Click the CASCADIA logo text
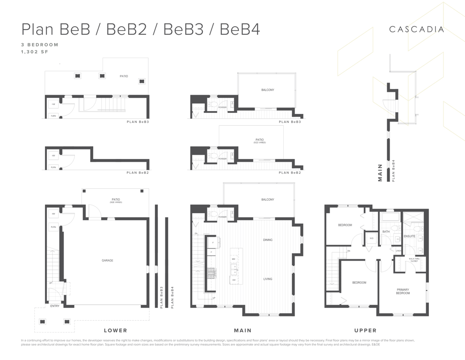click(x=416, y=29)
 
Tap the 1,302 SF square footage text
click(x=35, y=52)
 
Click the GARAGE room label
click(x=107, y=261)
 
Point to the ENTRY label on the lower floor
click(x=55, y=306)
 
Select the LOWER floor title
click(x=115, y=330)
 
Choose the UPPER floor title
click(x=366, y=330)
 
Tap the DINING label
click(x=267, y=240)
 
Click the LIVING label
click(x=267, y=279)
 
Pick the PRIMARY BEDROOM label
click(x=403, y=292)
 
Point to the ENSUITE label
click(x=409, y=236)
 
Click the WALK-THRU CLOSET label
click(x=413, y=260)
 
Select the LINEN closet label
click(x=398, y=250)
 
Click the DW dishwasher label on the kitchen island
click(x=233, y=279)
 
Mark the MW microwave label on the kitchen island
click(x=233, y=259)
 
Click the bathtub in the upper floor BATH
click(x=389, y=218)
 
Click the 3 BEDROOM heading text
click(x=39, y=45)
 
